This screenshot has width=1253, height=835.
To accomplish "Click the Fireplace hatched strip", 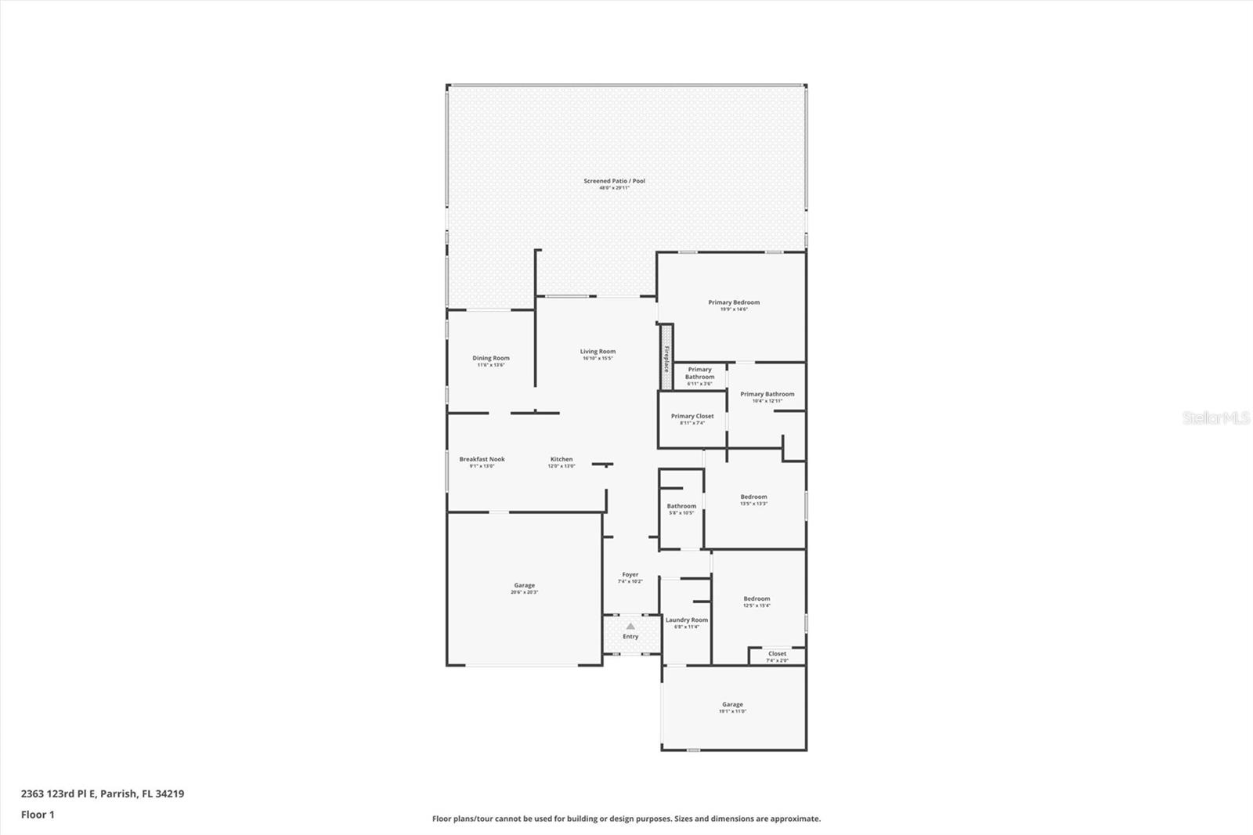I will [666, 356].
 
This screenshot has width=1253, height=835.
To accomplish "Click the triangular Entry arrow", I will [630, 626].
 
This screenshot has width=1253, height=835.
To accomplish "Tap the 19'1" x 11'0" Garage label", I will [732, 706].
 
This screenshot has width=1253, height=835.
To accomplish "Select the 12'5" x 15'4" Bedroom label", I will [756, 600].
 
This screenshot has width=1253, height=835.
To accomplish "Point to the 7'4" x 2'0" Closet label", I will [777, 655].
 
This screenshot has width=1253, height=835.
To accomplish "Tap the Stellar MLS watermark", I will [1215, 418].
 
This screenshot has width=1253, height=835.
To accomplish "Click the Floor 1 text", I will [38, 815].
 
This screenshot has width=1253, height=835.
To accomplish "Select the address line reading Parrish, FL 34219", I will [103, 793].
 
